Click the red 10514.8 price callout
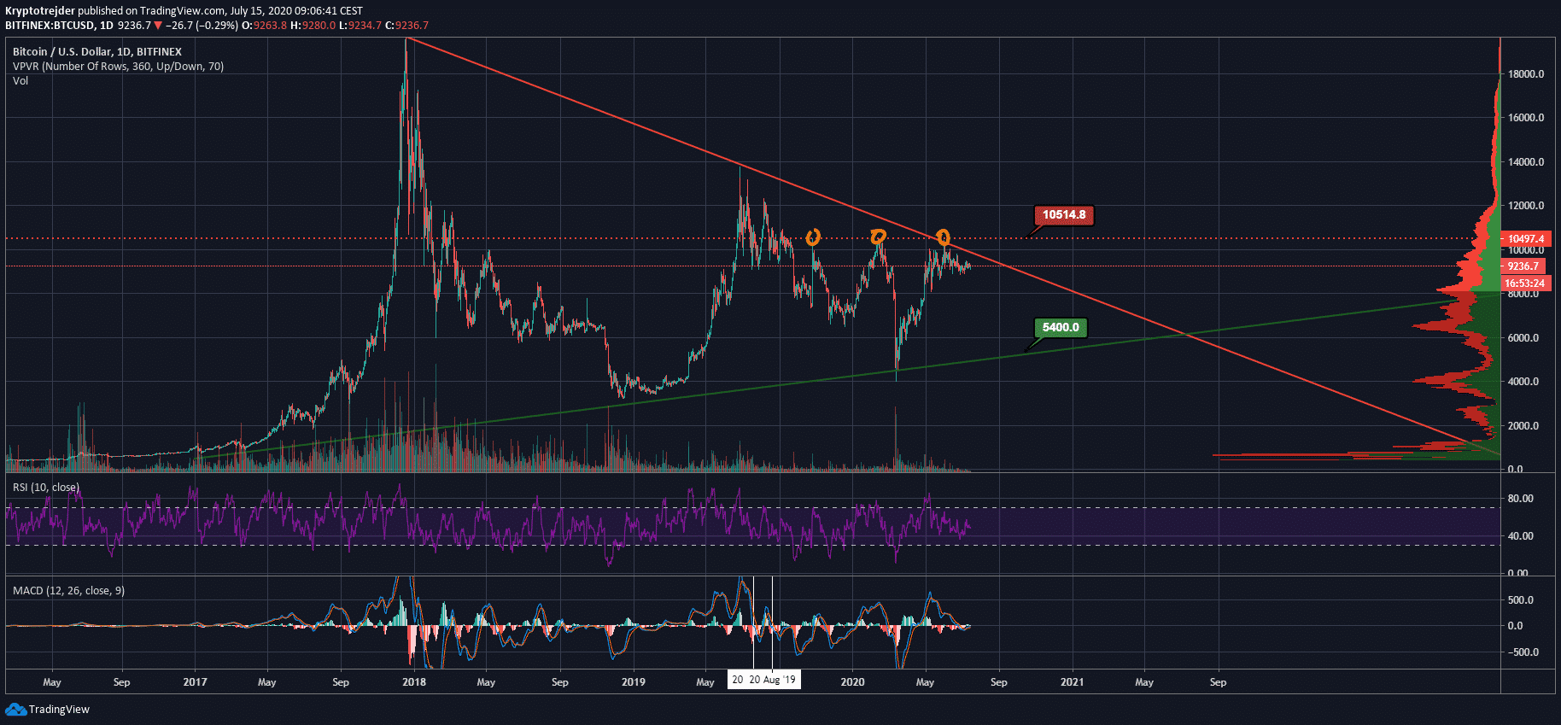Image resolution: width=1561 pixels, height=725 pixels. pyautogui.click(x=1063, y=215)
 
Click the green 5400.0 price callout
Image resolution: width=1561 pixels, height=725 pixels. pyautogui.click(x=1061, y=328)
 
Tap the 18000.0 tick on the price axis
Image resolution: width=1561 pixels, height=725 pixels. pyautogui.click(x=1526, y=74)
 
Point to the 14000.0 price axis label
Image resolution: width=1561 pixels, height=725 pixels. pyautogui.click(x=1526, y=162)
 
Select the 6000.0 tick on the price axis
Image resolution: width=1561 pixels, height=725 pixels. pyautogui.click(x=1523, y=338)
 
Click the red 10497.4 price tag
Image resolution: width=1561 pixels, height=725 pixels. pyautogui.click(x=1525, y=239)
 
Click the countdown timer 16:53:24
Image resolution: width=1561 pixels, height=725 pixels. pyautogui.click(x=1524, y=284)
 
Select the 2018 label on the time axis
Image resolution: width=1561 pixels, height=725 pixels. pyautogui.click(x=414, y=682)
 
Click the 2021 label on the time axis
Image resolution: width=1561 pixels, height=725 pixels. pyautogui.click(x=1072, y=682)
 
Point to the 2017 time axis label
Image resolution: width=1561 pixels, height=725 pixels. pyautogui.click(x=195, y=682)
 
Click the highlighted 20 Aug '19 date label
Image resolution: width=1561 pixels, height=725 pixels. pyautogui.click(x=772, y=680)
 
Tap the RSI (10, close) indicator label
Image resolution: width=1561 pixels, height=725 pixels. pyautogui.click(x=46, y=488)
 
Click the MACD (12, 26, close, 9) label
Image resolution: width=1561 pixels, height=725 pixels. pyautogui.click(x=68, y=591)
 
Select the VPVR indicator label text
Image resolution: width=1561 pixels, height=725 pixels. pyautogui.click(x=118, y=67)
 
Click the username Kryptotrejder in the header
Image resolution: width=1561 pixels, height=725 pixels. pyautogui.click(x=40, y=11)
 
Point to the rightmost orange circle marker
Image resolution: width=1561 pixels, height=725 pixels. pyautogui.click(x=943, y=237)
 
